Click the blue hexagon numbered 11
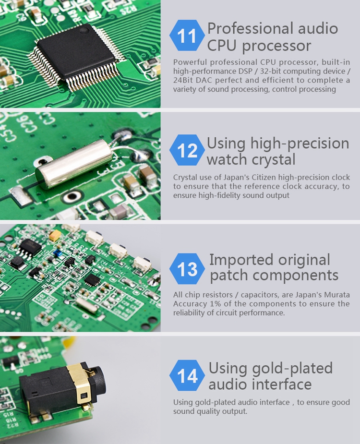[187, 36]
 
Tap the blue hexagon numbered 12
[187, 150]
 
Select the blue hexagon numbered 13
[187, 269]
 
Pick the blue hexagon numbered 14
[187, 375]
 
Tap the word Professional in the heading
[250, 29]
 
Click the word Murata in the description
[337, 295]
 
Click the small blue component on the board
[59, 254]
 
